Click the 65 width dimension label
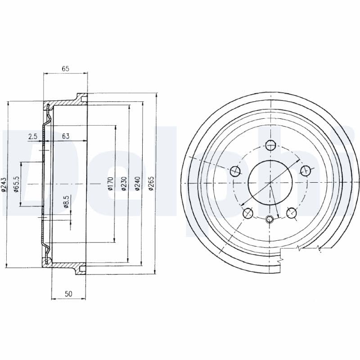pos(65,69)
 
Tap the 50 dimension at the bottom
pos(68,294)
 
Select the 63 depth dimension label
pos(66,136)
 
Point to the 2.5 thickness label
pos(32,136)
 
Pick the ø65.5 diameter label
pos(16,184)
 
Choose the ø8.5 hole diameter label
pos(66,202)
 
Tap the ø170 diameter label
pos(111,184)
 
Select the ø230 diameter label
pos(124,184)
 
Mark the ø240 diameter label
pos(137,184)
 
